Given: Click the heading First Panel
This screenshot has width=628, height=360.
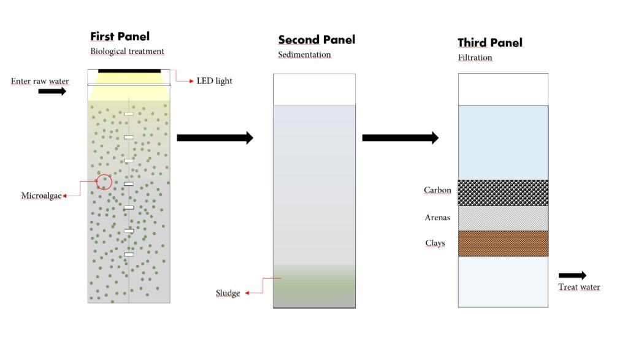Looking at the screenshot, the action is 120,36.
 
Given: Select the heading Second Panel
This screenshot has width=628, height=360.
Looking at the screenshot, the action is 316,40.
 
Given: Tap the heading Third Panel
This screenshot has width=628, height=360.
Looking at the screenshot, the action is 490,42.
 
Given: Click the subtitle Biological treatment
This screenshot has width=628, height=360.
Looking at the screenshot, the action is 127,52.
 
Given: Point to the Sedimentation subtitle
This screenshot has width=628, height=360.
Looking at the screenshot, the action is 304,55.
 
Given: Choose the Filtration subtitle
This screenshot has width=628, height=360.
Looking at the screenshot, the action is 475,58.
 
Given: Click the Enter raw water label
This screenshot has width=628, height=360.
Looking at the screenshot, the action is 40,82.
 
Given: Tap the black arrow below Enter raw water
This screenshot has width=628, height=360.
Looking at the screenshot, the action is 52,91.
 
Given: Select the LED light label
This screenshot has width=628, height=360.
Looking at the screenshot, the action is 214,81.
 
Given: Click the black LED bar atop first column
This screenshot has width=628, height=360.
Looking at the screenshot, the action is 129,71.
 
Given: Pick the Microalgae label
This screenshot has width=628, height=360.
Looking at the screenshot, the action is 41,196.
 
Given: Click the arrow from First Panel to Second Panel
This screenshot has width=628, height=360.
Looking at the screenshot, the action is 215,138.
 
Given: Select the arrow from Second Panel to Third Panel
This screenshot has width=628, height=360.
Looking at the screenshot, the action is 400,138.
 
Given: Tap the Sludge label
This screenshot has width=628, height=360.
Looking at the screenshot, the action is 228,293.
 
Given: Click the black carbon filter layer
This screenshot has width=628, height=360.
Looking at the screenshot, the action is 503,193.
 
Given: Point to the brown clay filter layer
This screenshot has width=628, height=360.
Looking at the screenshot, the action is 503,243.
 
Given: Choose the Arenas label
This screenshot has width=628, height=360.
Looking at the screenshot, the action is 437,218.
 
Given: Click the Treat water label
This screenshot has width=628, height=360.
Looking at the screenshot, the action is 579,287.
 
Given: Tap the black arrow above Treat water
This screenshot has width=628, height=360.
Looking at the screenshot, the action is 572,275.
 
